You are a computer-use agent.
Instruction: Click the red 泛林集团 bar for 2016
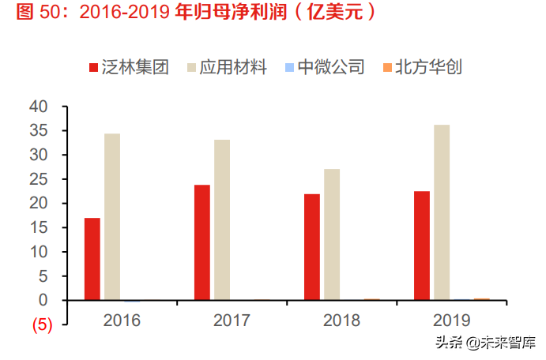92,259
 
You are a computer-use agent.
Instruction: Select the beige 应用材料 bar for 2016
112,217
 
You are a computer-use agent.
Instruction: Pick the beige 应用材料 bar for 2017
222,220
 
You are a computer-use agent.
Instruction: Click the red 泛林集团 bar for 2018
312,247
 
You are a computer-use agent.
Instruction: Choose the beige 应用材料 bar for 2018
332,234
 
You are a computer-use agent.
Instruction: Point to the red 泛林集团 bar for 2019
422,246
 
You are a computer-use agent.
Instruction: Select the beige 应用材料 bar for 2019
442,212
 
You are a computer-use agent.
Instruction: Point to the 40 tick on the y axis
39,107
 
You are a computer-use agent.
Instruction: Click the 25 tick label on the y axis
39,179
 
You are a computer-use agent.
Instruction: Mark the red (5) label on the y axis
42,324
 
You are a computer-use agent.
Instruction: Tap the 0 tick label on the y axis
43,301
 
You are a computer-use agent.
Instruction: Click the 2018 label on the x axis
341,321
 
